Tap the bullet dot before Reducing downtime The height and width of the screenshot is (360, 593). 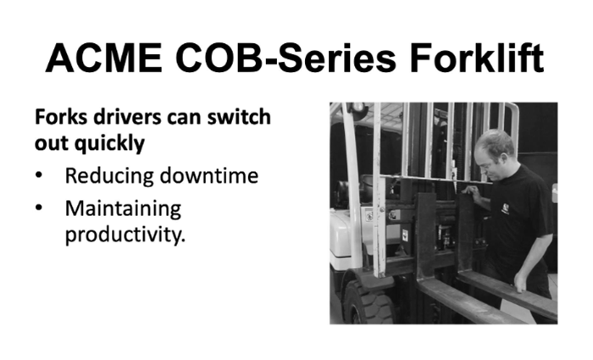40,176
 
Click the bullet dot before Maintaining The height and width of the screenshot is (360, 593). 40,208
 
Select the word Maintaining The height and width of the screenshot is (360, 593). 123,208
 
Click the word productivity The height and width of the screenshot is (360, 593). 124,233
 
